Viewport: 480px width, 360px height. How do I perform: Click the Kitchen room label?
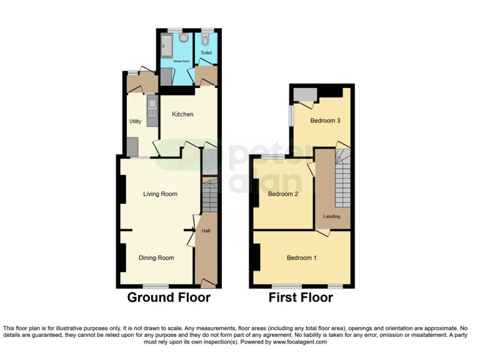(182, 114)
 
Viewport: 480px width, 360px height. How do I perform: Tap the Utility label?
(135, 121)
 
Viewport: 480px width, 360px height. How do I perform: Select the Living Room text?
(160, 194)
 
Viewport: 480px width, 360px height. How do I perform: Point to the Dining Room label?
(156, 257)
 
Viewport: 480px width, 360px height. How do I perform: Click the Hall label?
(206, 231)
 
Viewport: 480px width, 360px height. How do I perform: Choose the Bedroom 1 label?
(301, 257)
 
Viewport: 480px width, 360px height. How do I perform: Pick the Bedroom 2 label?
(282, 194)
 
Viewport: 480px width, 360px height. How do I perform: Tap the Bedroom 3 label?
(325, 121)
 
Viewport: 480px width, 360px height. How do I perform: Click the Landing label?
(331, 216)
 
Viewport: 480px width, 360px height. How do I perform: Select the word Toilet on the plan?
(206, 53)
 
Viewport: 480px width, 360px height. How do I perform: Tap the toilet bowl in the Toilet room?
(206, 36)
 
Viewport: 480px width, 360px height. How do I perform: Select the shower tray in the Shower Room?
(165, 46)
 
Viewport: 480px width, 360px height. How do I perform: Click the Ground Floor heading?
(169, 297)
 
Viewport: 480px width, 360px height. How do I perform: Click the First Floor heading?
(301, 297)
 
